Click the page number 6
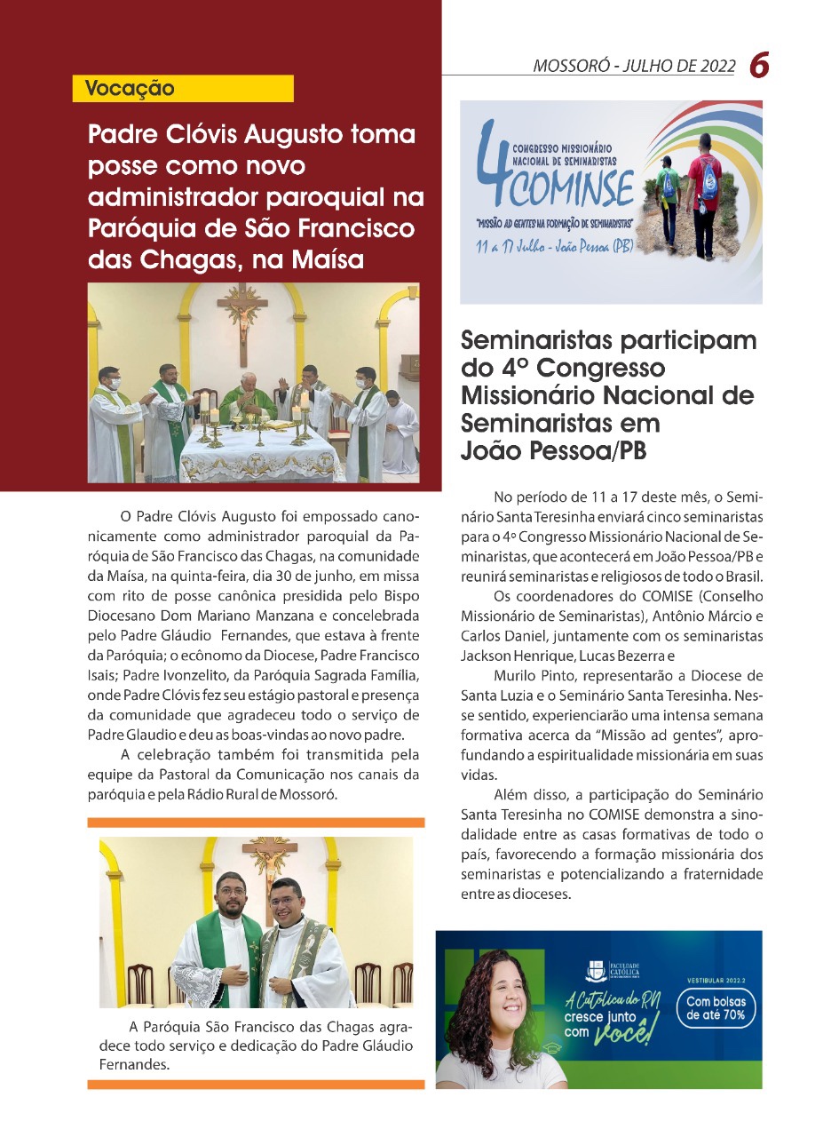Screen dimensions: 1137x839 point(759,64)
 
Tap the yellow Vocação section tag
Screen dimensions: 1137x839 point(130,89)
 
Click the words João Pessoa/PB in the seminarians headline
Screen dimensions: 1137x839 point(554,450)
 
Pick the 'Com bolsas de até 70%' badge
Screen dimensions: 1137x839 point(716,1008)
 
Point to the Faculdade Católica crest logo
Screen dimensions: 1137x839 point(597,969)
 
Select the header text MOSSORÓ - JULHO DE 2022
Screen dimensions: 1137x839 point(634,66)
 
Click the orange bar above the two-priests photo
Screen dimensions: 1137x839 point(256,823)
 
